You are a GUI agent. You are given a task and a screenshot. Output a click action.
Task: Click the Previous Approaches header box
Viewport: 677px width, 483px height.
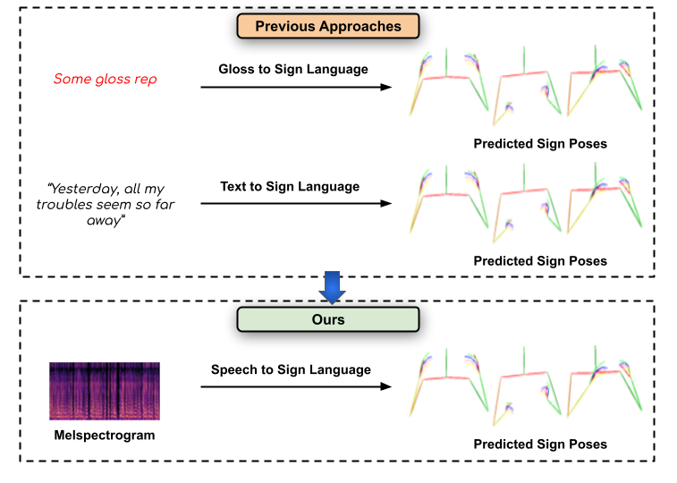tap(328, 26)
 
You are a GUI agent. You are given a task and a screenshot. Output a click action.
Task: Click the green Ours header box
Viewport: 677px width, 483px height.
tap(328, 319)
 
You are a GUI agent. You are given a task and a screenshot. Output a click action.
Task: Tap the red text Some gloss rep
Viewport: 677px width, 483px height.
tap(105, 80)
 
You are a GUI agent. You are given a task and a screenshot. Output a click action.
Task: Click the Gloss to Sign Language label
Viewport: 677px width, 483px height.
tap(293, 70)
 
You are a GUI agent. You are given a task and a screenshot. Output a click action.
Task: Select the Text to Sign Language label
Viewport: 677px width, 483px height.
tap(290, 187)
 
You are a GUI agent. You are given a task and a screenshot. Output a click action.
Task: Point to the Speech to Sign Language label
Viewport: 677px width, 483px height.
tap(291, 369)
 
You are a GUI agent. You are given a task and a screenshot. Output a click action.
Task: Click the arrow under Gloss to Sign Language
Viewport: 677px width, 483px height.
tap(296, 87)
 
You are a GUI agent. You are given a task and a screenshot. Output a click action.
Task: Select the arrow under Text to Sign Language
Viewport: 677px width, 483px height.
tap(296, 204)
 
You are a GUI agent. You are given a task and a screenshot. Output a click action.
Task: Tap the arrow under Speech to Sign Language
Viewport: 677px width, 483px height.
tap(296, 386)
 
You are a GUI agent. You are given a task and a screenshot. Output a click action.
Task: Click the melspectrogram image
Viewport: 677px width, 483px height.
tap(105, 391)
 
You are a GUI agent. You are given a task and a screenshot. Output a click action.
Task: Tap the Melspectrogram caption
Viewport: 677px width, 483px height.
tap(105, 436)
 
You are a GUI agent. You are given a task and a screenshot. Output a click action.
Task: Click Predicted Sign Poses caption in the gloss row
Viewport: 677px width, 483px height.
tap(540, 143)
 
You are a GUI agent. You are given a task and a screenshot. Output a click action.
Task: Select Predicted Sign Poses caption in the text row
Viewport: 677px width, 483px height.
tap(540, 261)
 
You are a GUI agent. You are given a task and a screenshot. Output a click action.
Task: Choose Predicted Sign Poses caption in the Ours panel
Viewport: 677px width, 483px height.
tap(540, 444)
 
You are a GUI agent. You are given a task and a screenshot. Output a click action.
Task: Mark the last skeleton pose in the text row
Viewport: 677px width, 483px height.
tap(605, 202)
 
